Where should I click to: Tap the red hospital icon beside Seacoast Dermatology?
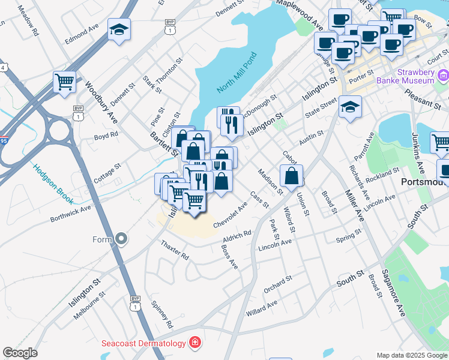[194, 343]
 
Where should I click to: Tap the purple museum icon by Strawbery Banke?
[443, 75]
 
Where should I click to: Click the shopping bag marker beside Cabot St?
[291, 176]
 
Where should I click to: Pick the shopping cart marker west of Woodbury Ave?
[65, 82]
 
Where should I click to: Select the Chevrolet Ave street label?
[231, 215]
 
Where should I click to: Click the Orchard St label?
[277, 282]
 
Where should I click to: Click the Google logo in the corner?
[20, 353]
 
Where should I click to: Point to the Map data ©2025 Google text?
[411, 355]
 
